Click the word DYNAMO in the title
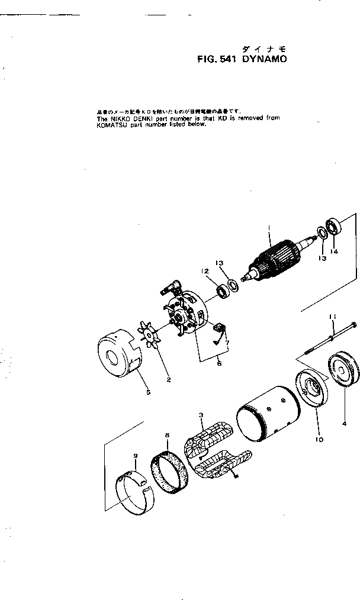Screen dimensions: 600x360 263,59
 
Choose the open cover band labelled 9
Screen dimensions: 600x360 136,492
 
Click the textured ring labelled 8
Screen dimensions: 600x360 172,473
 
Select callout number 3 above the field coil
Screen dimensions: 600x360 201,418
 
